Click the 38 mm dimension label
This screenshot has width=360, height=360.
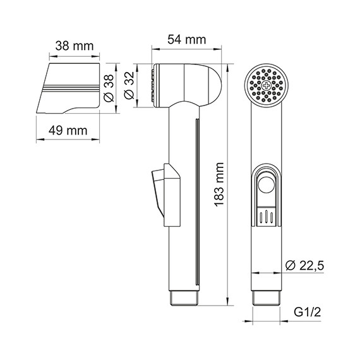pos(71,46)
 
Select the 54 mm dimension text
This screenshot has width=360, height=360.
pos(186,39)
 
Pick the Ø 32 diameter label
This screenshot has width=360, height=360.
pos(129,85)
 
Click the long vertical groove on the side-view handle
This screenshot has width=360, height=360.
pos(197,202)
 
